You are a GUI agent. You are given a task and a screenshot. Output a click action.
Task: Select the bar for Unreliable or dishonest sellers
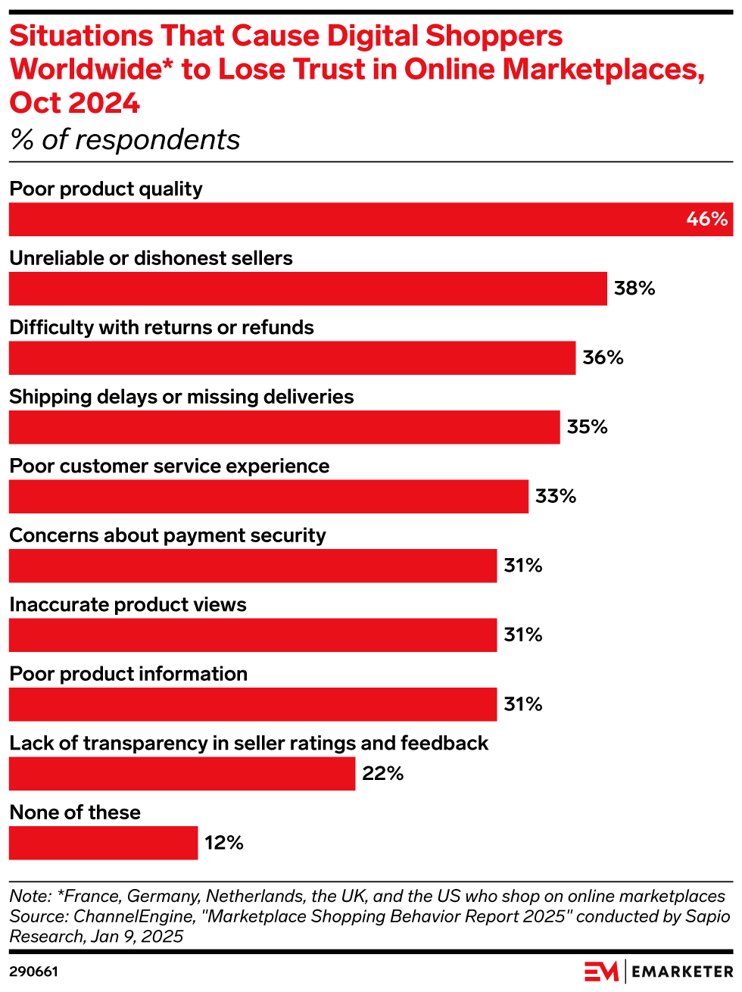pos(307,289)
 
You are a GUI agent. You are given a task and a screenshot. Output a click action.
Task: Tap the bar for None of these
pos(103,843)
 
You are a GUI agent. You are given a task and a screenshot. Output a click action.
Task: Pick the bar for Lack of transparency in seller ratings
pos(182,774)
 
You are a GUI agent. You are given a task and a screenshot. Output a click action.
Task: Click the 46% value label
pos(706,220)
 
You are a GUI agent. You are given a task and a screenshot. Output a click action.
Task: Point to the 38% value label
pos(634,289)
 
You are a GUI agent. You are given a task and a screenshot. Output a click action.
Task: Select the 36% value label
pos(603,358)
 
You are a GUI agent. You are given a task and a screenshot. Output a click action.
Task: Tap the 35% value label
pos(587,427)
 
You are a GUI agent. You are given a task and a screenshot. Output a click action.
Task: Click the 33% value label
pos(556,497)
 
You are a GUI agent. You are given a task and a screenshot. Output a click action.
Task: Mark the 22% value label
pos(382,774)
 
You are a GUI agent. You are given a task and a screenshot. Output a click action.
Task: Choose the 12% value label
pos(224,843)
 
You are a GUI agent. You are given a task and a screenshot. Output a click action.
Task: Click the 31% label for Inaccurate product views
pos(523,635)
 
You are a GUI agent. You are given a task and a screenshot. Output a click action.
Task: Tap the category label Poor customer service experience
pos(170,466)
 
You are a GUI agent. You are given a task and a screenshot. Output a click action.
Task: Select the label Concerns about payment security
pos(167,535)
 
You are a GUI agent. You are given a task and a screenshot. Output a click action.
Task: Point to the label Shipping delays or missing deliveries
pos(182,397)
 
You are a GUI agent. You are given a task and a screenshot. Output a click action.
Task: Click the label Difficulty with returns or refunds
pos(161,328)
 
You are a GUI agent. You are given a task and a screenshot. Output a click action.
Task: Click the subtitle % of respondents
pos(125,140)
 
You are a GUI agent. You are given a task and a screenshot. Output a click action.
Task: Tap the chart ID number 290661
pos(33,972)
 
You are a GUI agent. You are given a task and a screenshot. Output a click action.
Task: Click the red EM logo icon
pos(601,972)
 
